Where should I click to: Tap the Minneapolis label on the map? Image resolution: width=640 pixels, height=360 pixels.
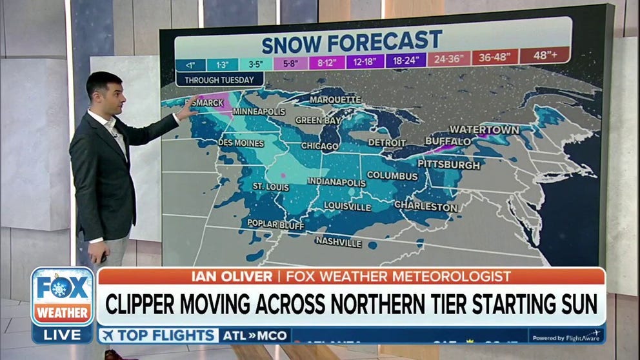(259, 112)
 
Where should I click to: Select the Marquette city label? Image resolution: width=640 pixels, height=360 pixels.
(335, 100)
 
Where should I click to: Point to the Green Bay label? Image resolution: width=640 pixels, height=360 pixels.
(317, 120)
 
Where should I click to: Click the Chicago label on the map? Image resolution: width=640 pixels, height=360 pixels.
(319, 146)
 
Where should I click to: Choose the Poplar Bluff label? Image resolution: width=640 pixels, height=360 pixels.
(275, 224)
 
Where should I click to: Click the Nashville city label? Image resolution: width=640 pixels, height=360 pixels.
(338, 242)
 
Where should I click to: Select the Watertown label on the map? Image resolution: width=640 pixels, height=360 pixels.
(484, 130)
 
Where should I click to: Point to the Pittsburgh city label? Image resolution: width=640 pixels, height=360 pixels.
(448, 165)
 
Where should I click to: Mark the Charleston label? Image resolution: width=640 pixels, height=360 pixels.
(426, 207)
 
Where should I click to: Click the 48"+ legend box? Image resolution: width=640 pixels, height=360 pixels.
(545, 56)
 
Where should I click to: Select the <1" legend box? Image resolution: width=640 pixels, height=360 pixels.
(190, 65)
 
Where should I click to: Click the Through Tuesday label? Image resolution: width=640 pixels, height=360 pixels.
(219, 81)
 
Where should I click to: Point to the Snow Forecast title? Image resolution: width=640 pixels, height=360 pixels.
(352, 43)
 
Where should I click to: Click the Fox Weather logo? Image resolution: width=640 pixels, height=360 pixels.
(63, 297)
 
